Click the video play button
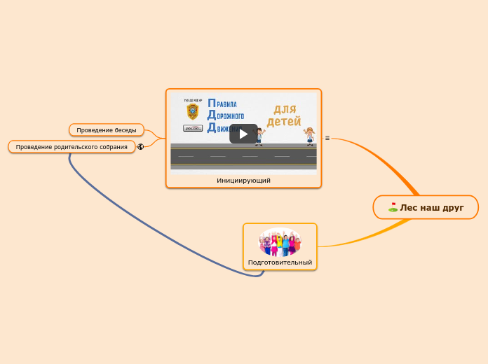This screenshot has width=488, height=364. click(243, 134)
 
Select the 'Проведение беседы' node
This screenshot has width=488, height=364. click(107, 129)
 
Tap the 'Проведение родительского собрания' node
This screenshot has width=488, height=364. click(72, 147)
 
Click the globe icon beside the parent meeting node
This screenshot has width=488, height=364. click(141, 146)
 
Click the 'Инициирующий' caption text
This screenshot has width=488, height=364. click(243, 180)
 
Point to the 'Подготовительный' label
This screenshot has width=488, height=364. click(280, 262)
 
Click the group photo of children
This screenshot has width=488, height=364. click(280, 242)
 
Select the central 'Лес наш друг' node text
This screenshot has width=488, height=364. click(432, 207)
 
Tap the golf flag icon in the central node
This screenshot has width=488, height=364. click(393, 207)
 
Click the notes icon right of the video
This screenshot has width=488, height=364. click(327, 138)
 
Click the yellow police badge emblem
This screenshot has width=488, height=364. click(192, 111)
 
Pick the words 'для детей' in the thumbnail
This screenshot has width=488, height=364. click(283, 115)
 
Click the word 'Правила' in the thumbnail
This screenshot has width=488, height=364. click(222, 104)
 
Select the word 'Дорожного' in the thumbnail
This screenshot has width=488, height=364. click(226, 115)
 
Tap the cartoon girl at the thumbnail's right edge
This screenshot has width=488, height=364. click(309, 134)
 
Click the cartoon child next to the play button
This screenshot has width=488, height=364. click(259, 136)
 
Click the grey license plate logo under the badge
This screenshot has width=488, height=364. click(192, 128)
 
